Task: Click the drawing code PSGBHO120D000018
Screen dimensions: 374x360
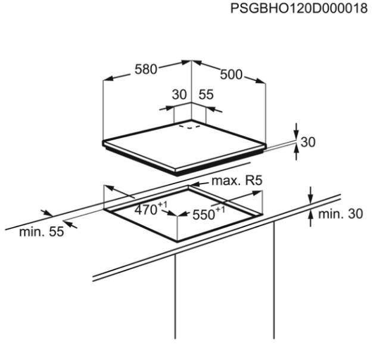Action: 299,8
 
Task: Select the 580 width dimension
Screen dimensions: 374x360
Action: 146,70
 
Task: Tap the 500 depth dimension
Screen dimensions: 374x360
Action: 231,75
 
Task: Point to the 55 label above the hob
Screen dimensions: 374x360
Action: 206,95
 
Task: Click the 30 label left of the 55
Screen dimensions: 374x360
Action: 179,95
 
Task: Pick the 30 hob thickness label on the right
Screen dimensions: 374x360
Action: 308,142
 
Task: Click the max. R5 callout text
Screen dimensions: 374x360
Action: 237,181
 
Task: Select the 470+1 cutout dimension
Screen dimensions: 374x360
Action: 151,209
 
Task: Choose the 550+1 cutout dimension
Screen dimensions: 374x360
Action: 208,213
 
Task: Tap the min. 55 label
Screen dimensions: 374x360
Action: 42,232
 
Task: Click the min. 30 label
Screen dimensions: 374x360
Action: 341,214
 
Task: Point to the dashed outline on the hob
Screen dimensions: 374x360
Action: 189,126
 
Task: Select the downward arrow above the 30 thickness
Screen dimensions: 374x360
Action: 296,131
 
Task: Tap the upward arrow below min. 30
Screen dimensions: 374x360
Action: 310,219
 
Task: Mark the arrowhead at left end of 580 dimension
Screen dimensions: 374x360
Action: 108,78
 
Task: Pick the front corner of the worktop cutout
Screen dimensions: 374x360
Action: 177,241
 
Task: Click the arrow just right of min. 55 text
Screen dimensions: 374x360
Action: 71,225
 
